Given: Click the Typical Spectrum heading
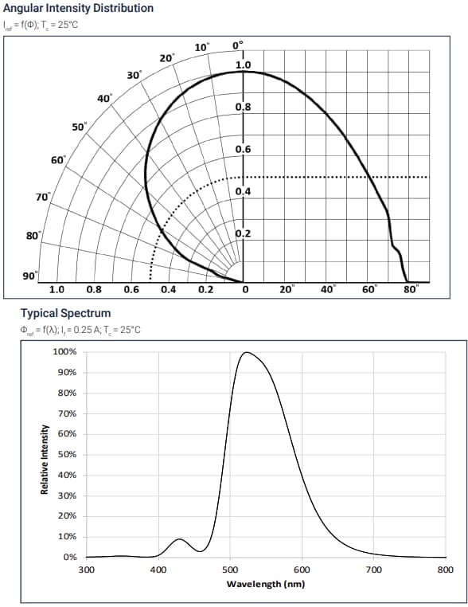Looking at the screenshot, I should click(x=65, y=313).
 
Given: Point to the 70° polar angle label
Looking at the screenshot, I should click(x=41, y=196).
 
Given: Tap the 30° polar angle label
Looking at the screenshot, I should click(x=134, y=75).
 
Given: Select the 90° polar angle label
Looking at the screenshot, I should click(x=30, y=276).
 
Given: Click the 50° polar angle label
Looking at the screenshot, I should click(x=79, y=127).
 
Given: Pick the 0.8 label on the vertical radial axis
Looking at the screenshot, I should click(x=244, y=107).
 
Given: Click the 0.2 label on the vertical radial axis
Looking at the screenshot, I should click(x=244, y=233).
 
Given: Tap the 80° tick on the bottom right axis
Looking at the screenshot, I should click(x=411, y=290).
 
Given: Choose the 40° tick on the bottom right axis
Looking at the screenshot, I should click(x=328, y=290).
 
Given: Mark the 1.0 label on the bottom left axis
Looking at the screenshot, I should click(x=57, y=290).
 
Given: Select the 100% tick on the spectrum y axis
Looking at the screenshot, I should click(x=64, y=352).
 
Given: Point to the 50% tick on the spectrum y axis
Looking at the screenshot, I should click(x=66, y=455).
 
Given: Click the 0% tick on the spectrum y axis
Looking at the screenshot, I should click(x=69, y=557).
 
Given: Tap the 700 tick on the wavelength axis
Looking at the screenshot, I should click(x=374, y=570).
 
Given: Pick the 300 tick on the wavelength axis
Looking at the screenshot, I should click(x=87, y=570).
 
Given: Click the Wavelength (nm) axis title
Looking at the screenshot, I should click(x=265, y=584).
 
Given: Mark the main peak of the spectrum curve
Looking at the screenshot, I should click(x=247, y=352).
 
